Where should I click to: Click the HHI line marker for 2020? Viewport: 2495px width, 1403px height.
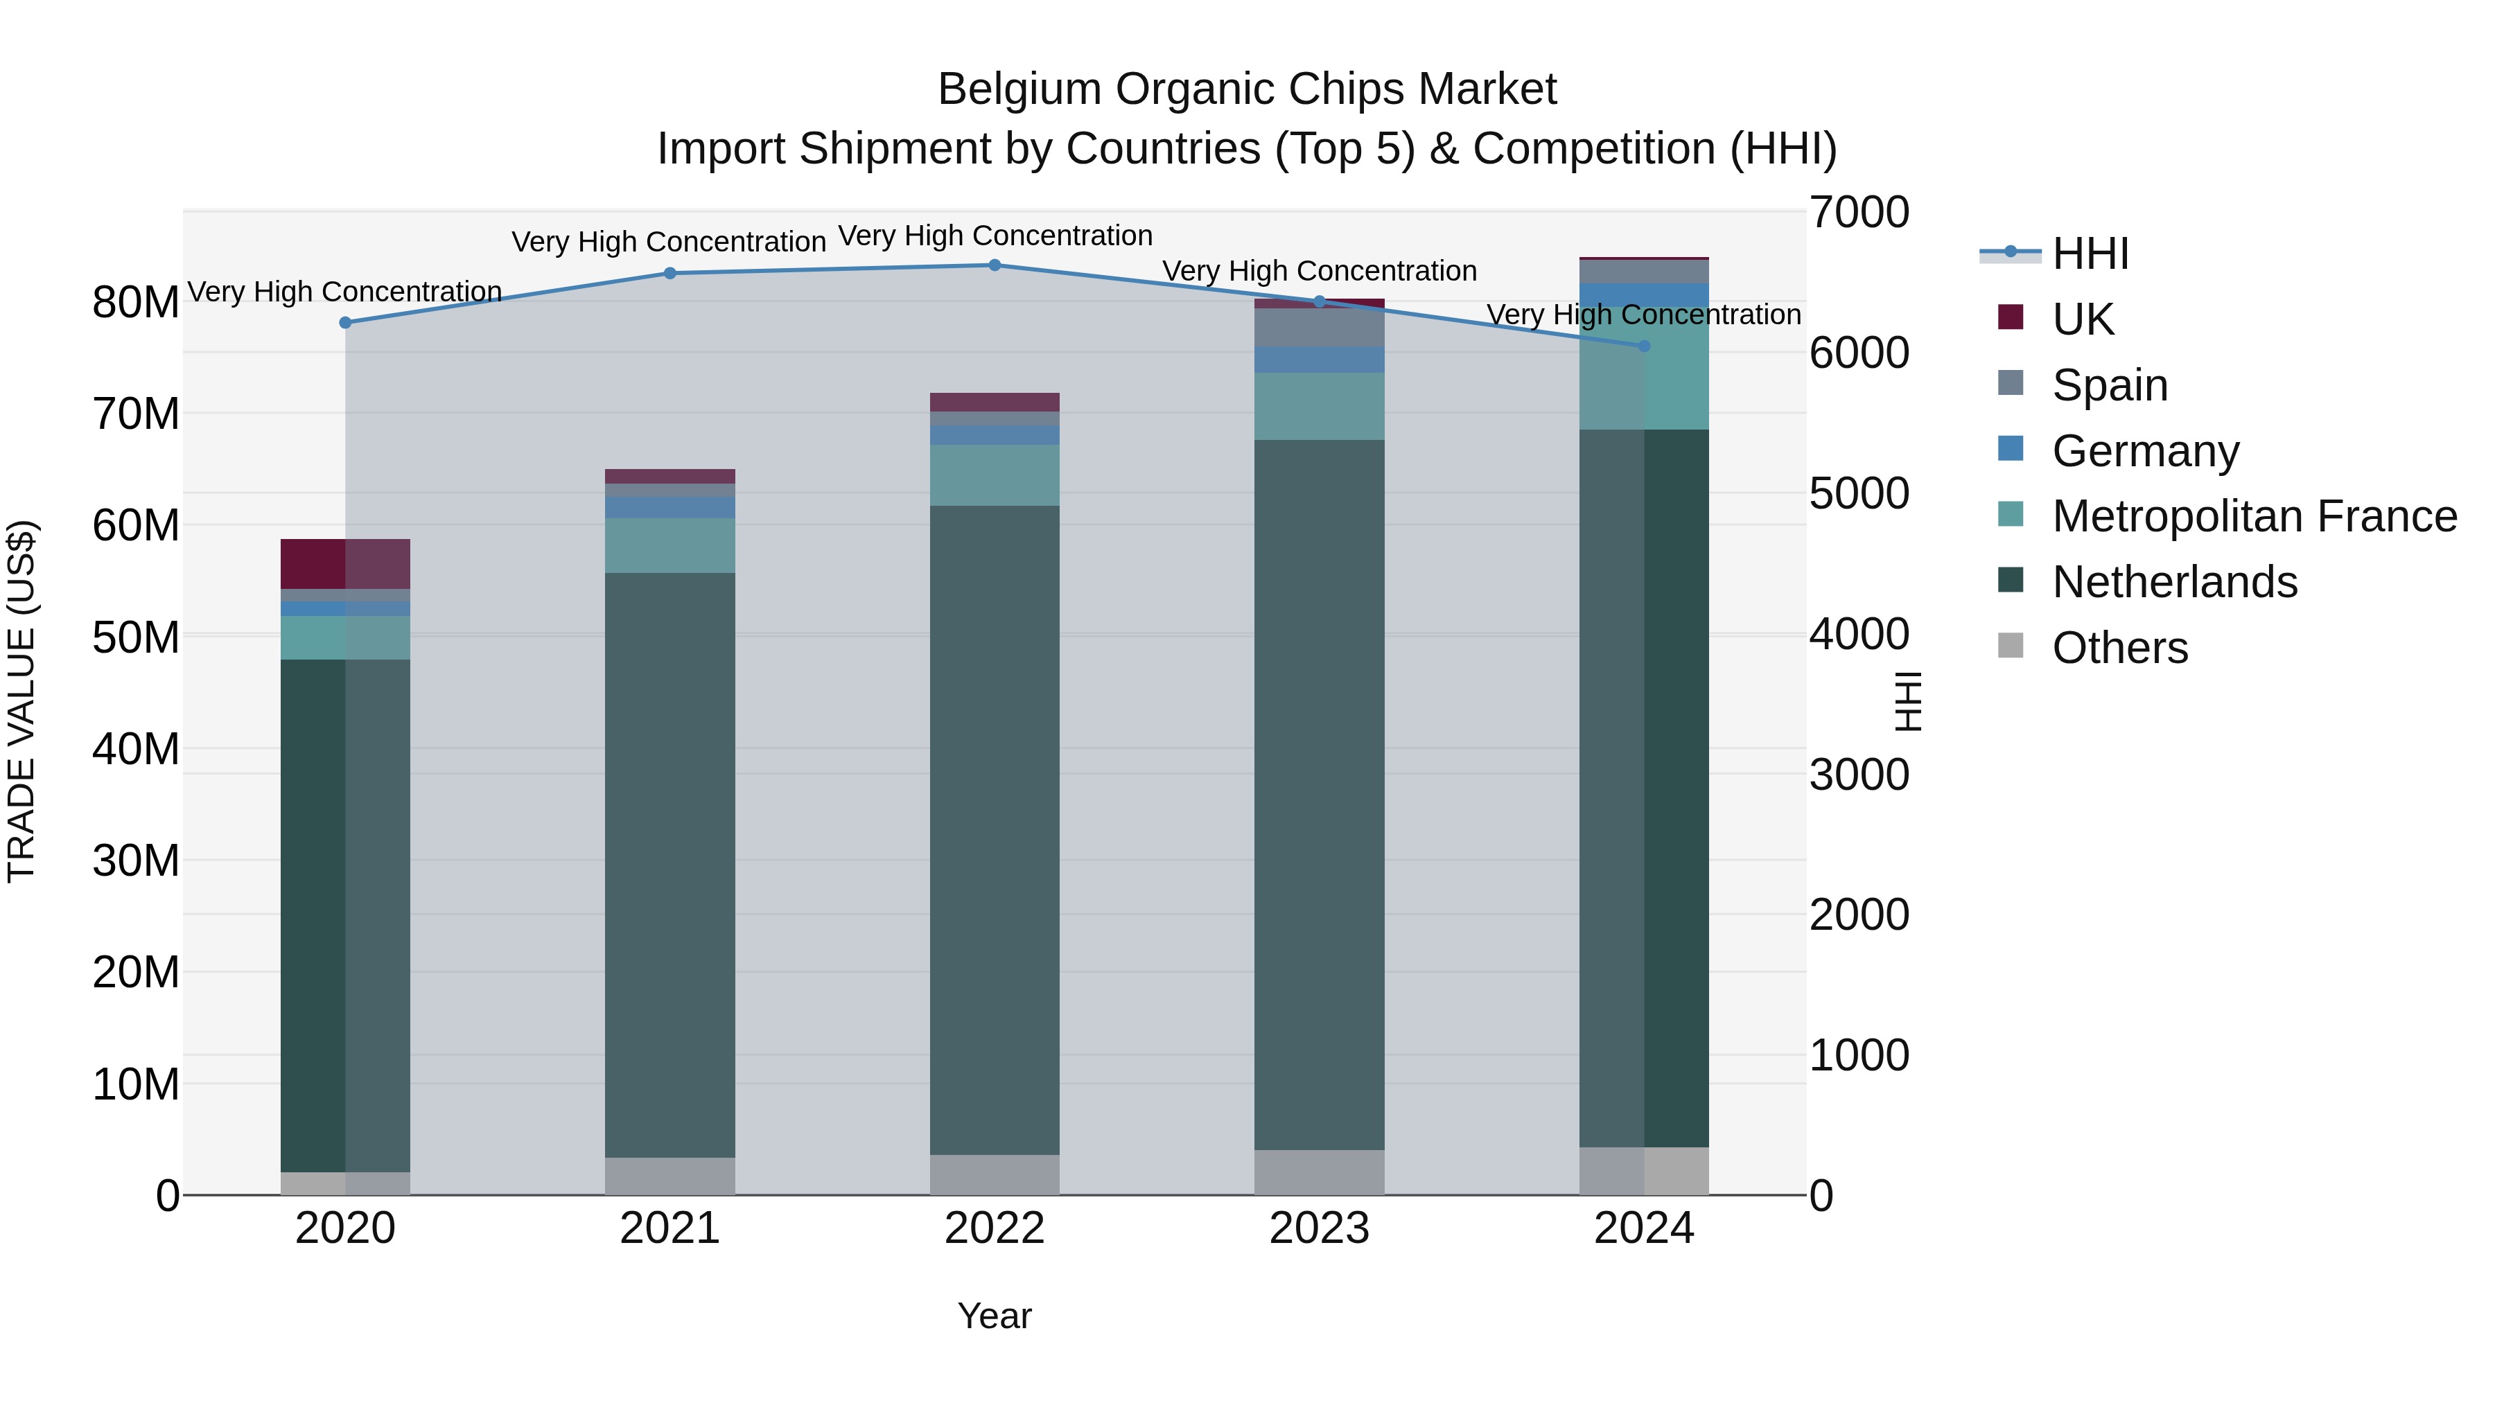tap(345, 322)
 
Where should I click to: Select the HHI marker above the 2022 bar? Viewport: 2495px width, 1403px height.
tap(994, 265)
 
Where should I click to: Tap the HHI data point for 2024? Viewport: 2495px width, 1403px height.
tap(1644, 346)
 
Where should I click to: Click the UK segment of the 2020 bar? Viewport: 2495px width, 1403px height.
tap(345, 563)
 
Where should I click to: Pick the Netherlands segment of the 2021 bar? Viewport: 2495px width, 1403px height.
tap(669, 864)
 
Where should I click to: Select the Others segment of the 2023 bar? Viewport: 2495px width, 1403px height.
tap(1318, 1172)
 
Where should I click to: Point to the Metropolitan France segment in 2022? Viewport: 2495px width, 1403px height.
tap(994, 475)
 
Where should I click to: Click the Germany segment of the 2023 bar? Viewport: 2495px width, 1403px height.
tap(1318, 359)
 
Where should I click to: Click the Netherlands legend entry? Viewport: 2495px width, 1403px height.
tap(2173, 582)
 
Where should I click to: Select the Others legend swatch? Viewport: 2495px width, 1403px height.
tap(2011, 646)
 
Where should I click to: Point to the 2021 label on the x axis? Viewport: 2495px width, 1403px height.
tap(669, 1228)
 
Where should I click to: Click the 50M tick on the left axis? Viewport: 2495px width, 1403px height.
tap(136, 637)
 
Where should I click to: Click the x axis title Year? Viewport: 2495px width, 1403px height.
tap(994, 1316)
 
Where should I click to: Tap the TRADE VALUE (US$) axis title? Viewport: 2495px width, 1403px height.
tap(21, 701)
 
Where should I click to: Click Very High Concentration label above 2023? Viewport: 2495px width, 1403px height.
tap(1318, 271)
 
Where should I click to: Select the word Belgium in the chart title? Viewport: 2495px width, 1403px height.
tap(1020, 89)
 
